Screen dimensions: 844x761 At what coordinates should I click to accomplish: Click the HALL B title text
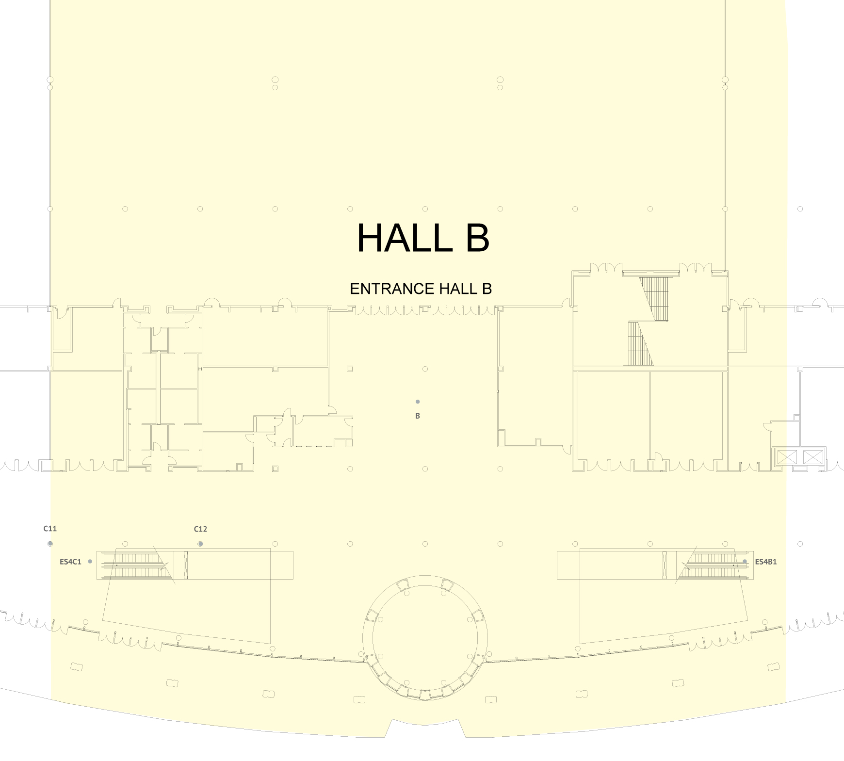click(x=423, y=238)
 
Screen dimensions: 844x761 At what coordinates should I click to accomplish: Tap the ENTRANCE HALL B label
click(x=421, y=289)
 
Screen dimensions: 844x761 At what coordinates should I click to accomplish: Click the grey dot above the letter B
click(x=418, y=402)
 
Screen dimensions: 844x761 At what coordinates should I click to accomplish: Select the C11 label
click(x=50, y=529)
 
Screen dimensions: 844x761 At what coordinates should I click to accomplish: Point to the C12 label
click(x=200, y=529)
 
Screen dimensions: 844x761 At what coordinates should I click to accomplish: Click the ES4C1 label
click(x=70, y=562)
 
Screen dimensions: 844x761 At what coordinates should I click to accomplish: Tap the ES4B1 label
click(x=766, y=562)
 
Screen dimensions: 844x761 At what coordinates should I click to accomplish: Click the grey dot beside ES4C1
click(x=90, y=562)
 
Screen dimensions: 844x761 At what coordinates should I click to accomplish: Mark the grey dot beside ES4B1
click(x=745, y=562)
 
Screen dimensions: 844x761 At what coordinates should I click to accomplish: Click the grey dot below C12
click(x=200, y=544)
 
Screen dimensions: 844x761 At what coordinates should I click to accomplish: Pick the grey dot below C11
click(x=50, y=544)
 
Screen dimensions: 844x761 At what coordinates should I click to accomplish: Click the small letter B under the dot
click(x=418, y=416)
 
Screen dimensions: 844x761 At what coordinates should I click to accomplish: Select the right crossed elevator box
click(x=813, y=457)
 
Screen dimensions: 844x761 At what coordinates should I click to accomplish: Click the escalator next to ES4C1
click(x=138, y=565)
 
